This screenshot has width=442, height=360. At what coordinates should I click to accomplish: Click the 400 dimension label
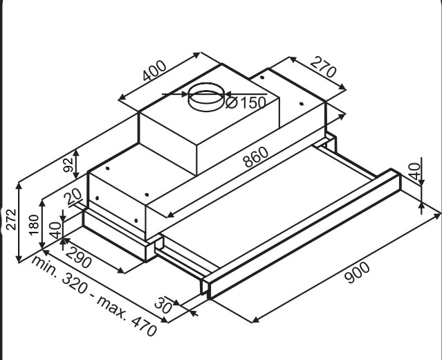pos(154,70)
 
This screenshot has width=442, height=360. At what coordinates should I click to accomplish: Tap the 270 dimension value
pos(324,67)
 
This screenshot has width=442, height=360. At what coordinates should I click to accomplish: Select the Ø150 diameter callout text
pos(246,102)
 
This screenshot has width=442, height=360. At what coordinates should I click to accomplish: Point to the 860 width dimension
pos(256,157)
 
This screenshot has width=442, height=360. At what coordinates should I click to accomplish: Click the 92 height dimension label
pos(68,165)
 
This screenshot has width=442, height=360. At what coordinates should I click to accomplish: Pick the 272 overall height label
pos(11,219)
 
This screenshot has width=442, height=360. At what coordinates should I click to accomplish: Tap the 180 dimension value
pos(34,225)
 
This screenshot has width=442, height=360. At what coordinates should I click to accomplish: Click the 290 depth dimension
pos(79,258)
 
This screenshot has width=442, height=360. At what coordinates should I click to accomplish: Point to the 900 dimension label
pos(357,273)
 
